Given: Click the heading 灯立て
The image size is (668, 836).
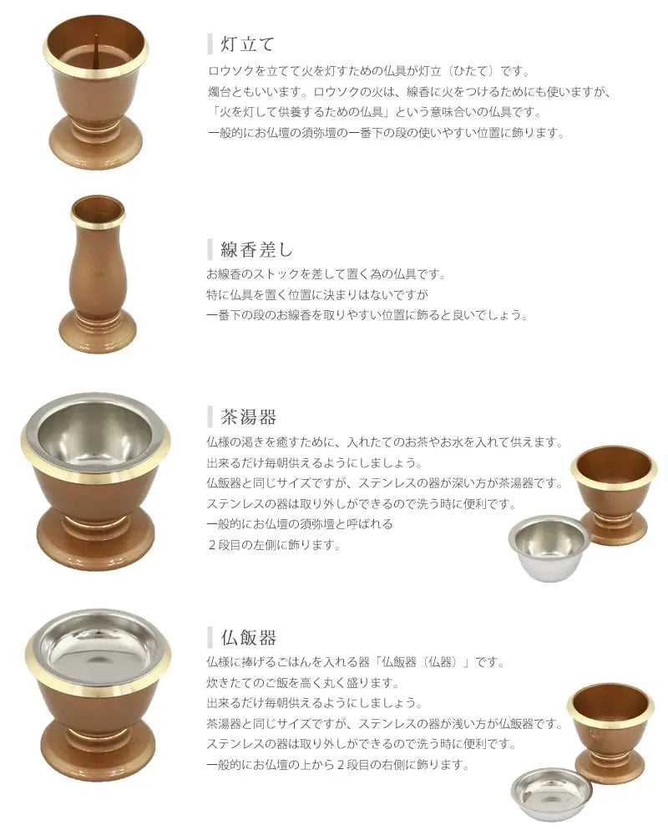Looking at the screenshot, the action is point(248,43).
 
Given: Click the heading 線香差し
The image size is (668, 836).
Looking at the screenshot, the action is point(256,249).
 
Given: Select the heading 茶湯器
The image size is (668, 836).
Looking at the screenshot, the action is point(248,416).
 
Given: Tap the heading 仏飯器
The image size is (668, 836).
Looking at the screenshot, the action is point(248,637).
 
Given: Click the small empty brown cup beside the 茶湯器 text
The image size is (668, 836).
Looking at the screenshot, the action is point(613,494).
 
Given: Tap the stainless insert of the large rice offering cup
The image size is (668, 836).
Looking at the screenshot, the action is point(98,647).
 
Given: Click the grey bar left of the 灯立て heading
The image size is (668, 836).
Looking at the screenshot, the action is point(210,43).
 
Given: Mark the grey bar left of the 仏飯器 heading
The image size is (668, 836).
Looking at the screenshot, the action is point(210,637).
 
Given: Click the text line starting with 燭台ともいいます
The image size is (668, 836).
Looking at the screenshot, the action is point(408,92).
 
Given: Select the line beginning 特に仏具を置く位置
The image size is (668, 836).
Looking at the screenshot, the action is point(317,294).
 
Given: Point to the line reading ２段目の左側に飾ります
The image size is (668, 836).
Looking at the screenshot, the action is point(273,545).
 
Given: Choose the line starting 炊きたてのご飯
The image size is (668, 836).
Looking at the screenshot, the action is point(302,682).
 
